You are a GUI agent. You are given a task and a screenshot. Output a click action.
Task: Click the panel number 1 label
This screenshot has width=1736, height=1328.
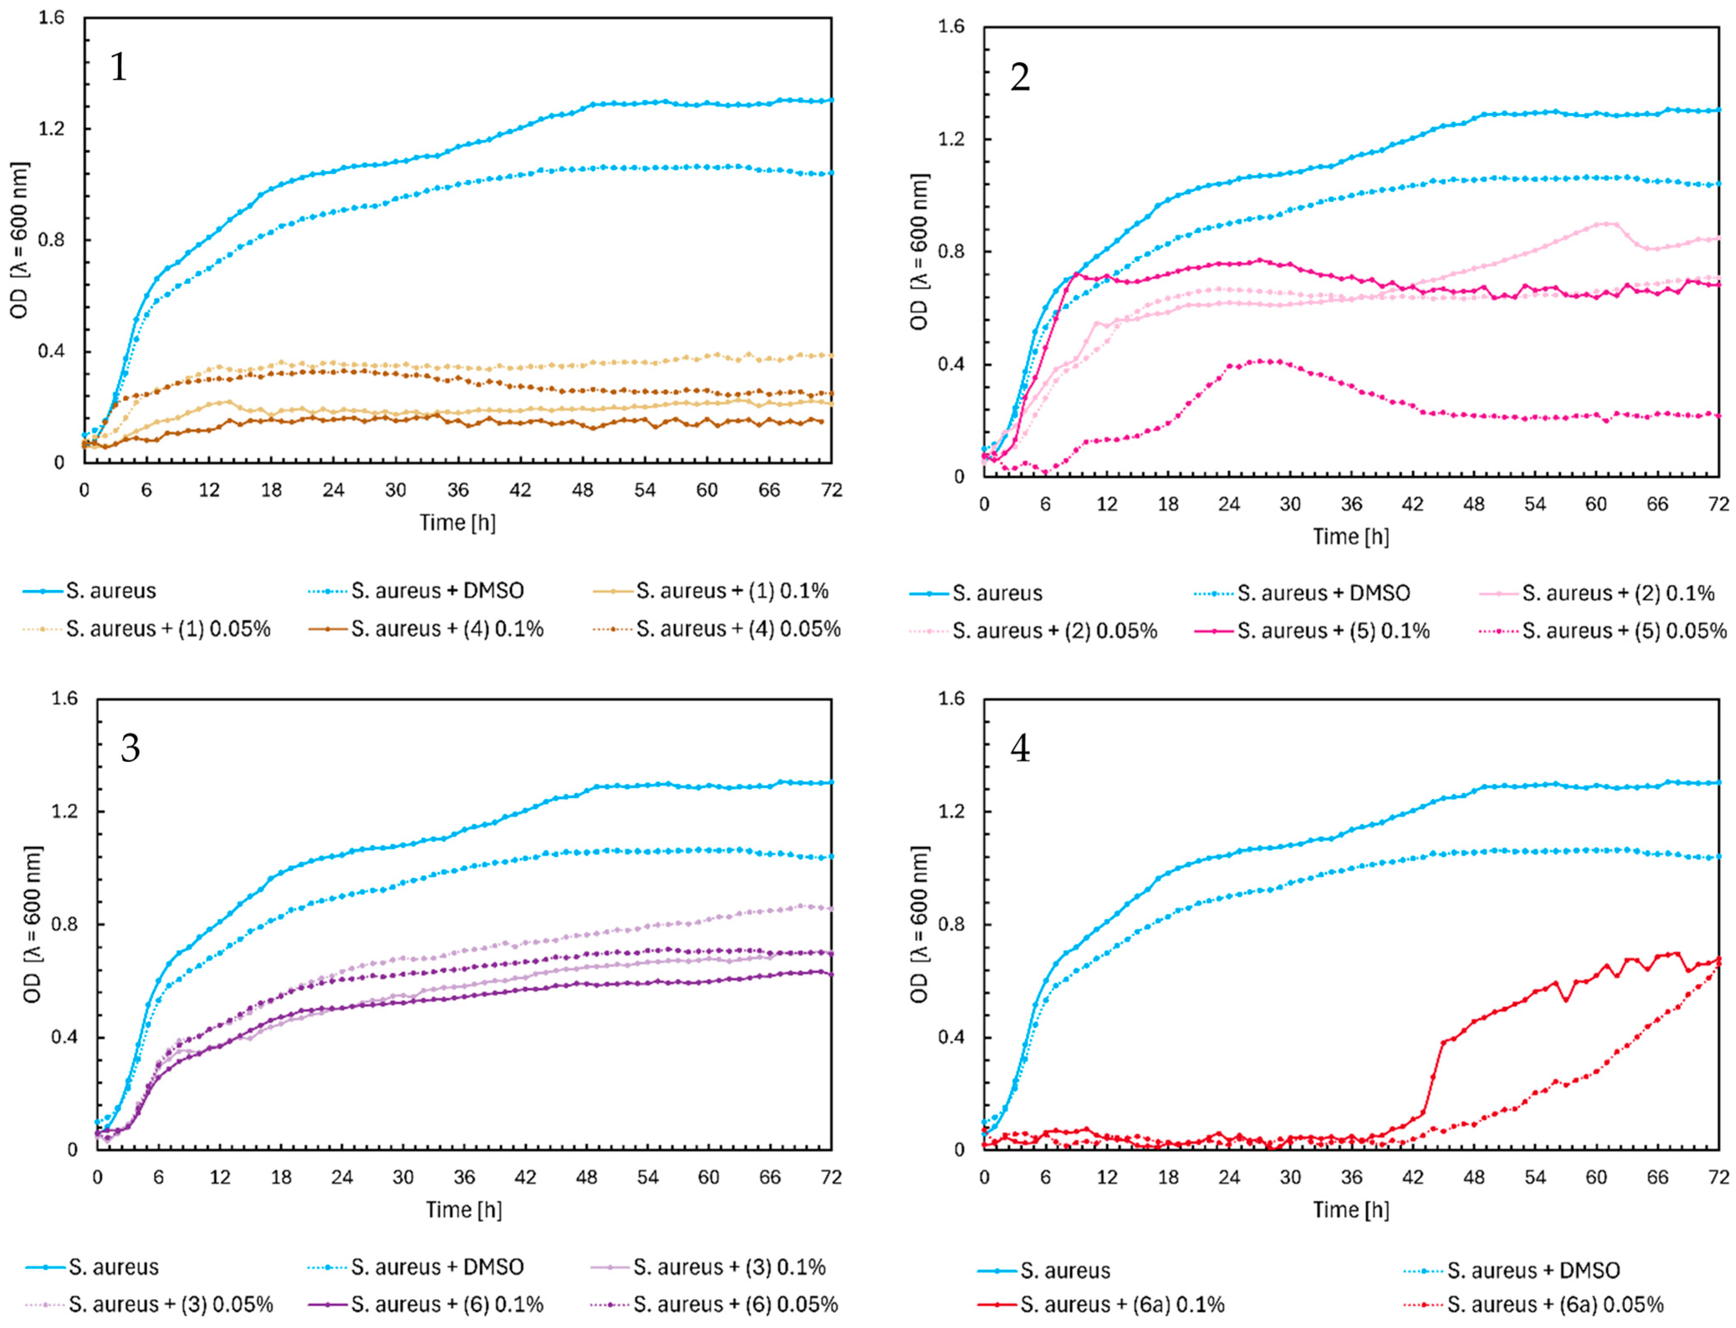(x=118, y=67)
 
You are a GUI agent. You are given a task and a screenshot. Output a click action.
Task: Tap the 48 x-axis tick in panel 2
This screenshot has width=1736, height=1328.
(x=1474, y=503)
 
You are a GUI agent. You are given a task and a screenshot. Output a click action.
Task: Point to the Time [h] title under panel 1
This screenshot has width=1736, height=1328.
(x=458, y=522)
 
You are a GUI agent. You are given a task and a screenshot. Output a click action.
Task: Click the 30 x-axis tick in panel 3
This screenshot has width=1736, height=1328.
(x=403, y=1178)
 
